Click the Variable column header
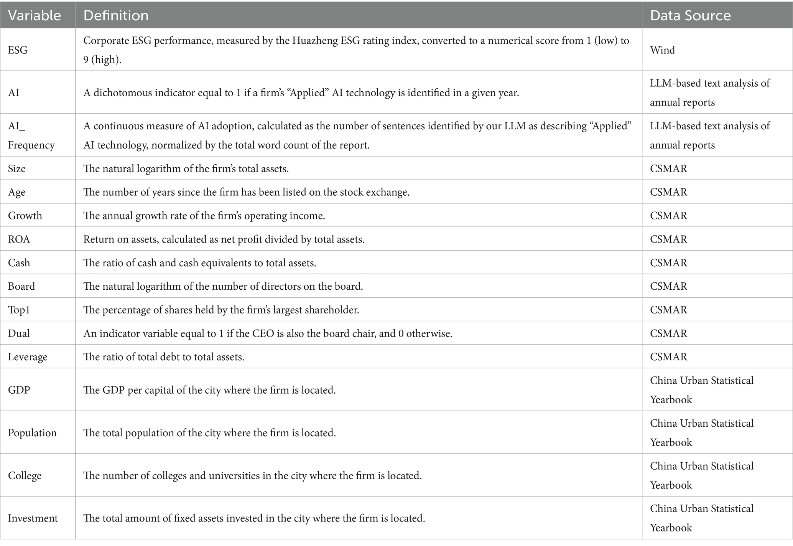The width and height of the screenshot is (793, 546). pyautogui.click(x=35, y=15)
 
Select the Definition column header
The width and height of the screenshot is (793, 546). pyautogui.click(x=116, y=15)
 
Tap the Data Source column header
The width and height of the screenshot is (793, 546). pyautogui.click(x=690, y=15)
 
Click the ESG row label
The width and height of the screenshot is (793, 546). pyautogui.click(x=18, y=50)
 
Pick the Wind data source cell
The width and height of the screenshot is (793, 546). pyautogui.click(x=662, y=50)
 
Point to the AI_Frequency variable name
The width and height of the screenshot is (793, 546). pyautogui.click(x=31, y=135)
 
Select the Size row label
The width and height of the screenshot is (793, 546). pyautogui.click(x=17, y=168)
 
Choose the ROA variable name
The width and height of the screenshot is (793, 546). pyautogui.click(x=19, y=239)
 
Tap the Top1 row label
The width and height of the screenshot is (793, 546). pyautogui.click(x=19, y=310)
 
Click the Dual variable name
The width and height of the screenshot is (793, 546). pyautogui.click(x=19, y=333)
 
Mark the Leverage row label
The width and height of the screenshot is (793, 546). pyautogui.click(x=28, y=357)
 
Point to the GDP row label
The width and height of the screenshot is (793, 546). pyautogui.click(x=19, y=390)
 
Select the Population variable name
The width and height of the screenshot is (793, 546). pyautogui.click(x=32, y=433)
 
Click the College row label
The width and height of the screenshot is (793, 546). pyautogui.click(x=25, y=475)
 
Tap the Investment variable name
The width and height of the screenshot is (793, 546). pyautogui.click(x=33, y=518)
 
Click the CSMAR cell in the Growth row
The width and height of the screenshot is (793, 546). pyautogui.click(x=668, y=216)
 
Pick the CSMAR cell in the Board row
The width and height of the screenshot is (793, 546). pyautogui.click(x=668, y=286)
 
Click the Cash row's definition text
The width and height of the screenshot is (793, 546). pyautogui.click(x=200, y=263)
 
